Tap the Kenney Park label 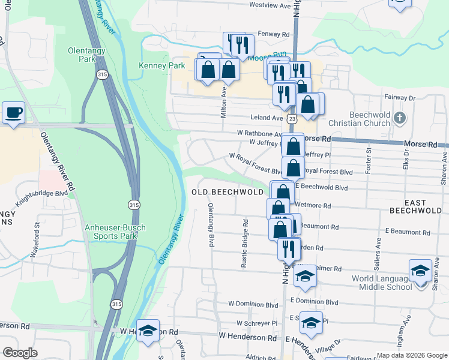pyautogui.click(x=154, y=65)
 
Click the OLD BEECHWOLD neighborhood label pyautogui.click(x=228, y=191)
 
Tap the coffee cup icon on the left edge pyautogui.click(x=13, y=112)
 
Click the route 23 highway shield pyautogui.click(x=292, y=119)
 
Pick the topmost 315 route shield pyautogui.click(x=103, y=74)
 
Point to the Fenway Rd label pyautogui.click(x=273, y=34)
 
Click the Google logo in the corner pyautogui.click(x=20, y=353)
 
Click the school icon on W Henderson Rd pyautogui.click(x=148, y=332)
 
